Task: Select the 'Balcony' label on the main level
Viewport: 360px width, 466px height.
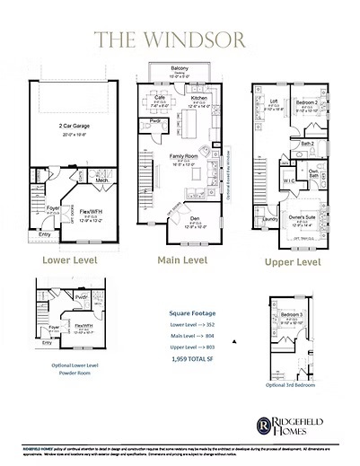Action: [180, 69]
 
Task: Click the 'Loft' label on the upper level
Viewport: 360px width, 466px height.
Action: [273, 101]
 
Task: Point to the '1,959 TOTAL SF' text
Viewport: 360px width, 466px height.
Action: [192, 359]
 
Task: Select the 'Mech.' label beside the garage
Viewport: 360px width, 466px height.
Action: [101, 180]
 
